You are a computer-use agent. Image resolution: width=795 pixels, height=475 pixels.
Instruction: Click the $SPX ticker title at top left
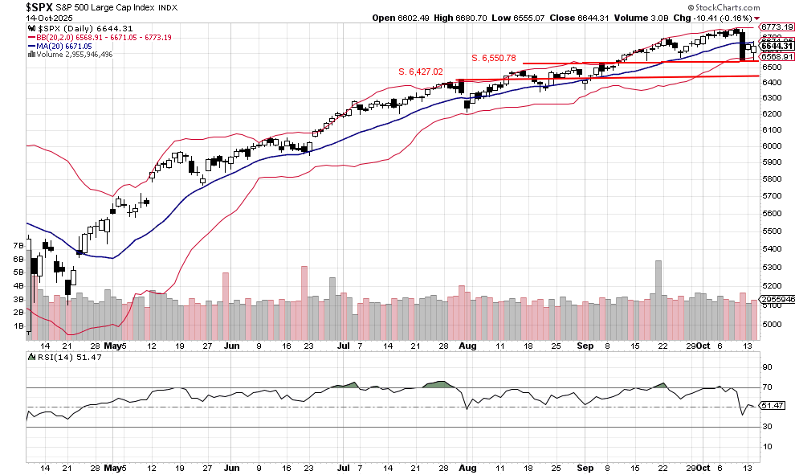(x=42, y=6)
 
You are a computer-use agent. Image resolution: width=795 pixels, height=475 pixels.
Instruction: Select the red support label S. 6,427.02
(x=421, y=72)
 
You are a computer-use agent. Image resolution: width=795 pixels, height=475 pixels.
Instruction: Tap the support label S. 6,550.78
(x=493, y=58)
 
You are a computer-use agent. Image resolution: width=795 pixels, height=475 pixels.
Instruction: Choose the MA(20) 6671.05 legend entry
(x=59, y=46)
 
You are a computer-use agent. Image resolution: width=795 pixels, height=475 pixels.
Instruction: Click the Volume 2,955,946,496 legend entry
(x=71, y=55)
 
